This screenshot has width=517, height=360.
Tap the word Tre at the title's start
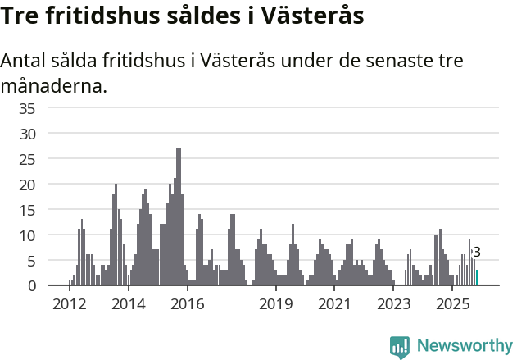point(20,16)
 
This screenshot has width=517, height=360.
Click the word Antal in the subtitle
point(24,62)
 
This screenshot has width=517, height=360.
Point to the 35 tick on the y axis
point(27,108)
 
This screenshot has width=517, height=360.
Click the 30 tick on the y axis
point(27,134)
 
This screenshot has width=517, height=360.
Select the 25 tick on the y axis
point(27,159)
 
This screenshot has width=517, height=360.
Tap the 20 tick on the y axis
point(27,185)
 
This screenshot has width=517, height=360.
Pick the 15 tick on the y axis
point(27,210)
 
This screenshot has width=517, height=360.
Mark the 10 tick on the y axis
point(27,235)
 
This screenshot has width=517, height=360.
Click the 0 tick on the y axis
point(31,285)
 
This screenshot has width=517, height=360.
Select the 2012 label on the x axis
point(69,304)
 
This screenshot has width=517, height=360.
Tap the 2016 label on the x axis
point(188,304)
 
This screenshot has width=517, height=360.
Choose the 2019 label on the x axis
point(276,304)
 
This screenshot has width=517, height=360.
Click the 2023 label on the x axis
point(394,304)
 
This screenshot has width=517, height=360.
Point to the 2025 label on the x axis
point(452,304)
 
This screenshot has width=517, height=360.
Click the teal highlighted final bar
point(478,278)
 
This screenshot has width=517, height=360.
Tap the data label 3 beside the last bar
point(477,253)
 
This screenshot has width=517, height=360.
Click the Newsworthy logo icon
point(400,347)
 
